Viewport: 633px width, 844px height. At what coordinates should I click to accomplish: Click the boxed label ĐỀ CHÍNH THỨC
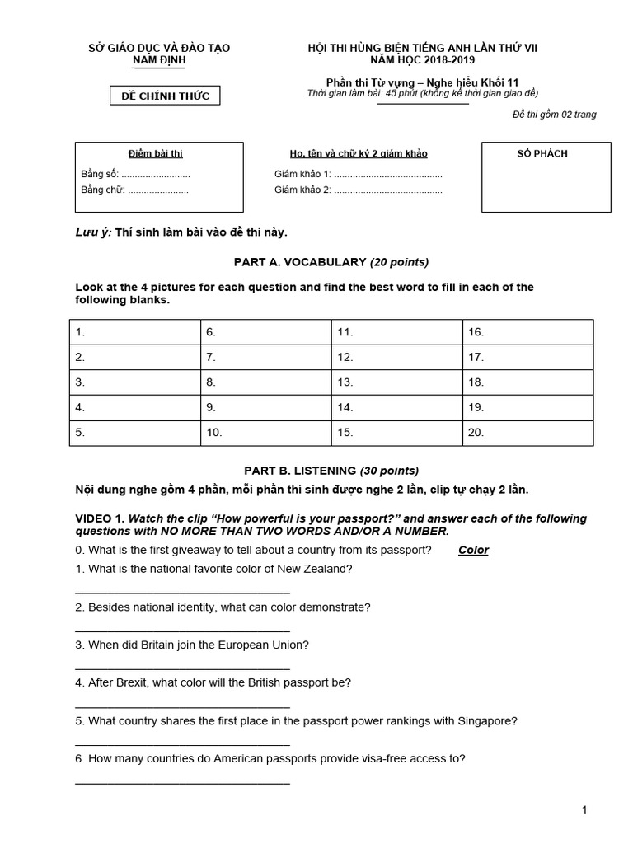pyautogui.click(x=166, y=96)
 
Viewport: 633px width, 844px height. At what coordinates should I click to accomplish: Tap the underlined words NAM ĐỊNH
pyautogui.click(x=159, y=61)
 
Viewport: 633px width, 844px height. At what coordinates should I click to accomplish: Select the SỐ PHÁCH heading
pyautogui.click(x=542, y=154)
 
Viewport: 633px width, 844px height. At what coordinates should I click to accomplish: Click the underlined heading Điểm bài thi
pyautogui.click(x=156, y=154)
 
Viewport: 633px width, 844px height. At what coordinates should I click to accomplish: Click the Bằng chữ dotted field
pyautogui.click(x=157, y=190)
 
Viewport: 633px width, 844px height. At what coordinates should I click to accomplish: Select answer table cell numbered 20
pyautogui.click(x=527, y=431)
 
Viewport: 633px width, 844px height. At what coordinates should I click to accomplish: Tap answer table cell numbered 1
pyautogui.click(x=134, y=332)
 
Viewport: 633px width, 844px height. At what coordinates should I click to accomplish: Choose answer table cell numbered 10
pyautogui.click(x=265, y=431)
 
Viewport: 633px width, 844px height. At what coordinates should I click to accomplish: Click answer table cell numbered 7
pyautogui.click(x=265, y=357)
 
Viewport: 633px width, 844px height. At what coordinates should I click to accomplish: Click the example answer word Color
pyautogui.click(x=473, y=551)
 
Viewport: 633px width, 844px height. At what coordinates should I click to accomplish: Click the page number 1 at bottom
pyautogui.click(x=584, y=810)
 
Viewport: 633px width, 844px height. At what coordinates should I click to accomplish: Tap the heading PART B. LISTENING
pyautogui.click(x=331, y=471)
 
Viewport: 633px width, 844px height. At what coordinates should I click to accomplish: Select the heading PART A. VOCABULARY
pyautogui.click(x=331, y=262)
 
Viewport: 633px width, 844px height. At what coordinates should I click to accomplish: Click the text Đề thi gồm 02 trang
pyautogui.click(x=554, y=115)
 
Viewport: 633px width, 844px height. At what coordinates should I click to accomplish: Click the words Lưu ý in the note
pyautogui.click(x=92, y=232)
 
